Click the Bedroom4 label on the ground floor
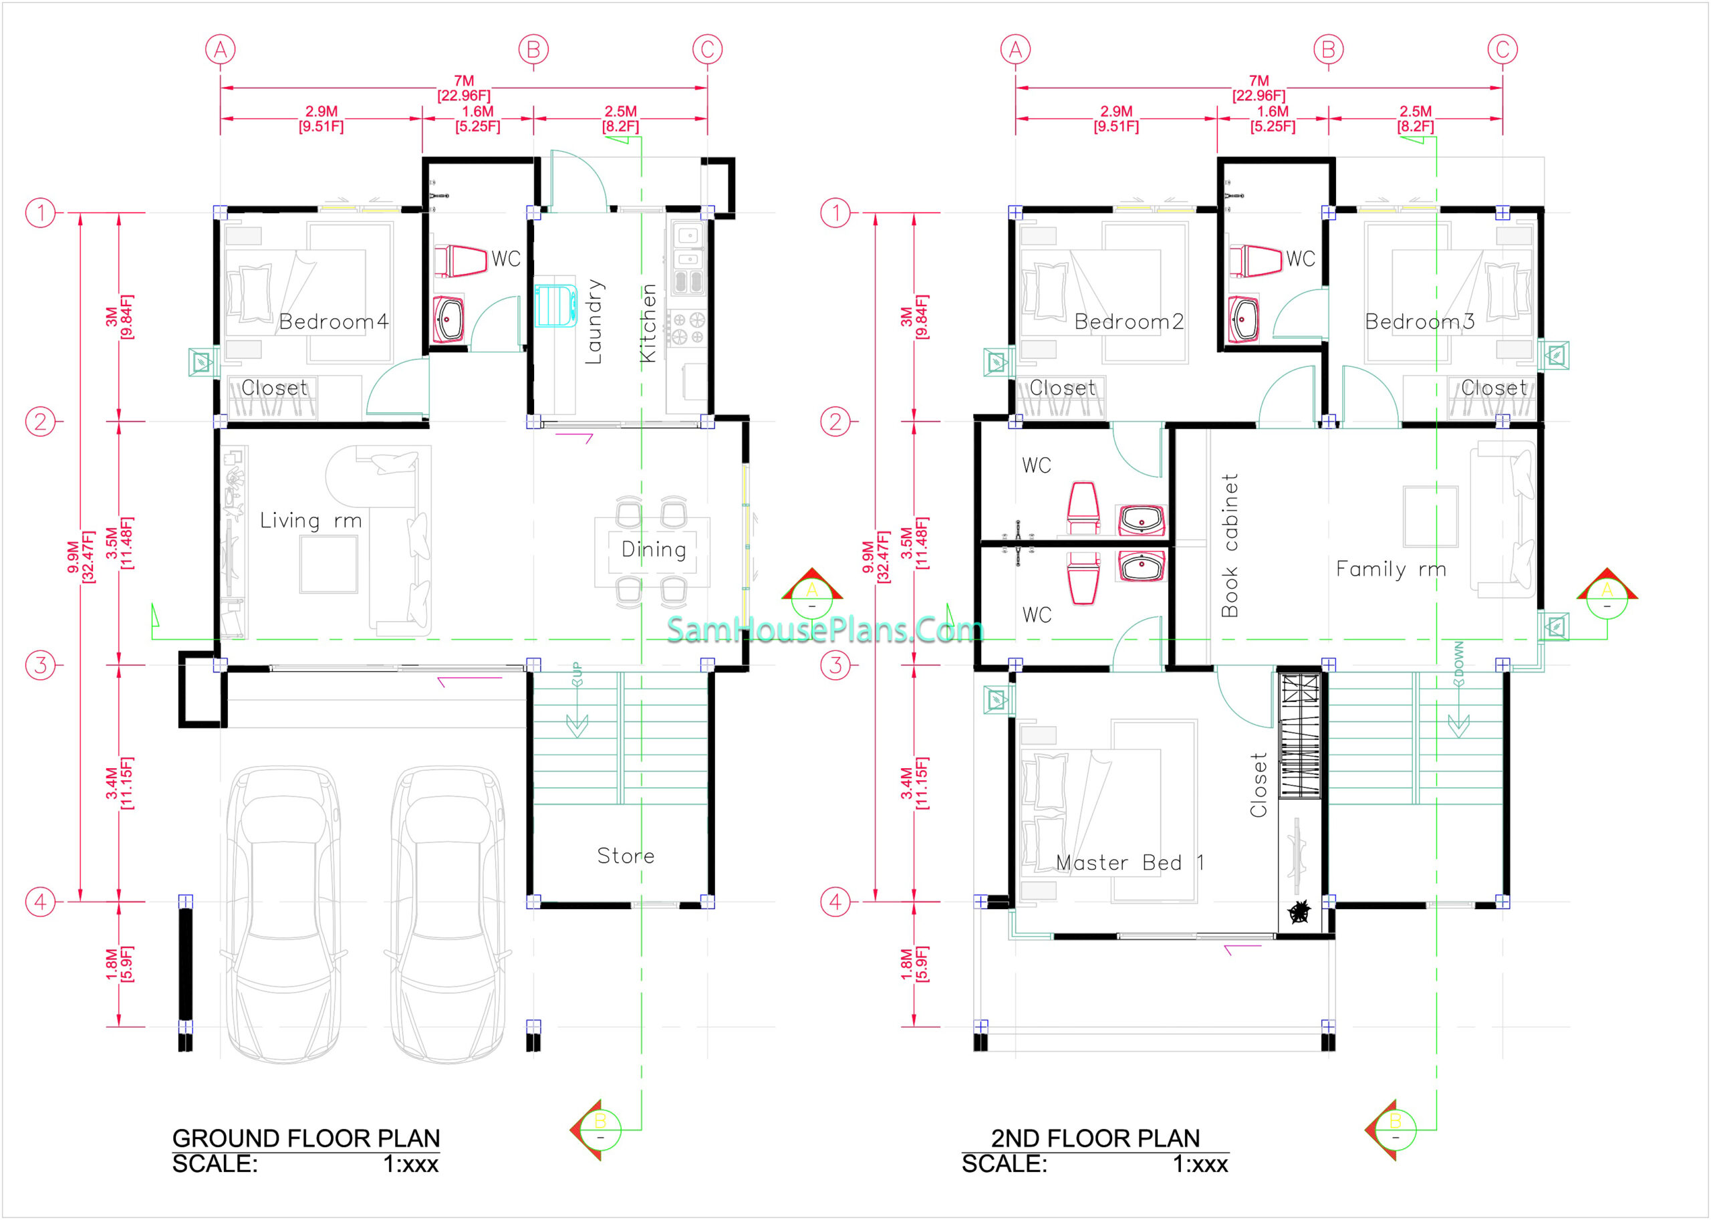tap(334, 322)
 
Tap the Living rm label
tap(311, 521)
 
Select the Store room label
tap(626, 856)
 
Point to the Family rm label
tap(1391, 570)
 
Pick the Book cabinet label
tap(1230, 545)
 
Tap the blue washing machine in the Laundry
tap(556, 305)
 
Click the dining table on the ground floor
tap(652, 552)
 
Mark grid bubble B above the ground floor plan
tap(533, 49)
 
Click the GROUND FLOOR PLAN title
tap(307, 1138)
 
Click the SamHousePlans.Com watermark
tap(825, 630)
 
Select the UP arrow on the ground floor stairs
tap(577, 699)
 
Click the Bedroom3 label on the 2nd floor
tap(1420, 322)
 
